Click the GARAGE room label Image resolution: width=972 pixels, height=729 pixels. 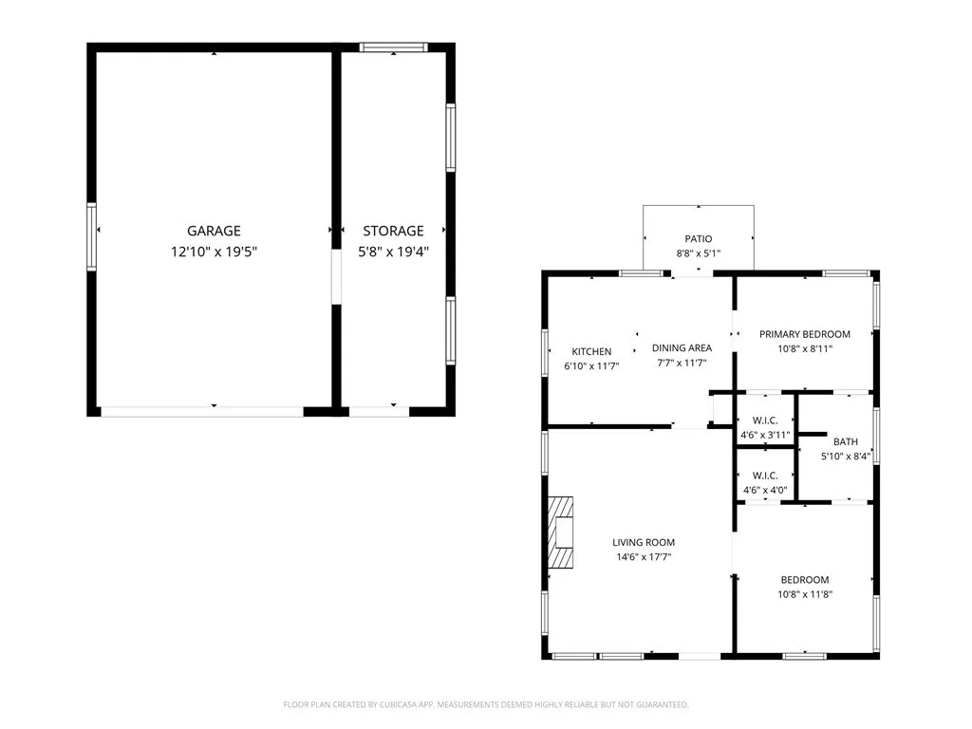coord(214,231)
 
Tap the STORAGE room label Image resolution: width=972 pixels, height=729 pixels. coord(394,231)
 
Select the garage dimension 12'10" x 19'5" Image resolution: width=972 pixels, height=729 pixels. coord(214,252)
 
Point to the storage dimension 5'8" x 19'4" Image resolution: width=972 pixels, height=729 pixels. coord(394,252)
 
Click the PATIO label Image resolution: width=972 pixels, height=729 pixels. coord(699,238)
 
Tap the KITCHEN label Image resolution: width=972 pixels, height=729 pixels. coord(591,351)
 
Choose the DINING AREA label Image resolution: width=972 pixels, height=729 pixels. coord(682,347)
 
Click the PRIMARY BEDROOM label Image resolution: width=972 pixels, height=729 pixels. coord(805,334)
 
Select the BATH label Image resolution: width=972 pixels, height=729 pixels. coord(846,441)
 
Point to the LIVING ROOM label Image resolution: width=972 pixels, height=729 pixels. coord(644,542)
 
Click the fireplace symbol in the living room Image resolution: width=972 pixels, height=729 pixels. coord(560,533)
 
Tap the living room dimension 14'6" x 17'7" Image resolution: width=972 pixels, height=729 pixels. coord(644,556)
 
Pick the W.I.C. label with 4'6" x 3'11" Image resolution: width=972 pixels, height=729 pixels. coord(765,421)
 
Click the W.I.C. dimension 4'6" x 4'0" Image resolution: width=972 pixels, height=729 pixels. coord(765,491)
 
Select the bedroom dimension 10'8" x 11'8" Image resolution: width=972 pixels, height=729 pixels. coord(805,594)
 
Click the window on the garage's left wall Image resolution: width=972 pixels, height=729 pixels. coord(92,236)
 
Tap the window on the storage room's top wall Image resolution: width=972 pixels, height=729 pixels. coord(394,47)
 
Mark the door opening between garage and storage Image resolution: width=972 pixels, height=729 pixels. coord(337,276)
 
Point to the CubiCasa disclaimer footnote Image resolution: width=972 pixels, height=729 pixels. coord(486,705)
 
